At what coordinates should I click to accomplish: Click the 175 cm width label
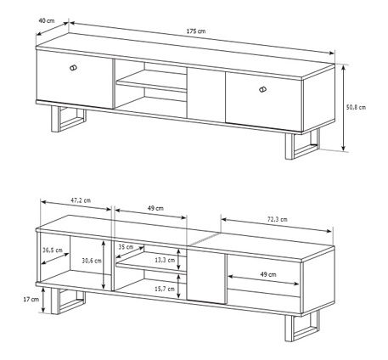[x=196, y=31]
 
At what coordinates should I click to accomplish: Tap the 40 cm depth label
[x=47, y=20]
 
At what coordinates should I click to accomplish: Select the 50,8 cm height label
[x=356, y=107]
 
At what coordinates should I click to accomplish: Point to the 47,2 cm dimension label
[x=81, y=200]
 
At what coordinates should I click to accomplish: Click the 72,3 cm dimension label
[x=278, y=219]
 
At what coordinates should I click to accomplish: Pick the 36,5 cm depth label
[x=53, y=250]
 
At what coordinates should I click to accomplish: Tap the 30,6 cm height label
[x=92, y=261]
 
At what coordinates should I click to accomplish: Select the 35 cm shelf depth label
[x=126, y=247]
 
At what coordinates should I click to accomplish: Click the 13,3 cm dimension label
[x=165, y=260]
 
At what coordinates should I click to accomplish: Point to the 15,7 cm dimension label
[x=165, y=289]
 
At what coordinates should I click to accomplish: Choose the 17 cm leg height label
[x=31, y=299]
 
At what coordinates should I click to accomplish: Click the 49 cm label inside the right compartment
[x=268, y=274]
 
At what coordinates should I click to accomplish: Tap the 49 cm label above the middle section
[x=155, y=208]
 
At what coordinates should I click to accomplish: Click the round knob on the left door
[x=73, y=68]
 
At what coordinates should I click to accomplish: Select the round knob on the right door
[x=262, y=89]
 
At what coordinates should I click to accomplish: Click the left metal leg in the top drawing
[x=69, y=119]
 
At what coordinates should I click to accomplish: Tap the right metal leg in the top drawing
[x=302, y=144]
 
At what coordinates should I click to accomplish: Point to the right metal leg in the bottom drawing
[x=302, y=327]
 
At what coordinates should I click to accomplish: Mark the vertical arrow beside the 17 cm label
[x=43, y=301]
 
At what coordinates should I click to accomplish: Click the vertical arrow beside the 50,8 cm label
[x=343, y=108]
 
